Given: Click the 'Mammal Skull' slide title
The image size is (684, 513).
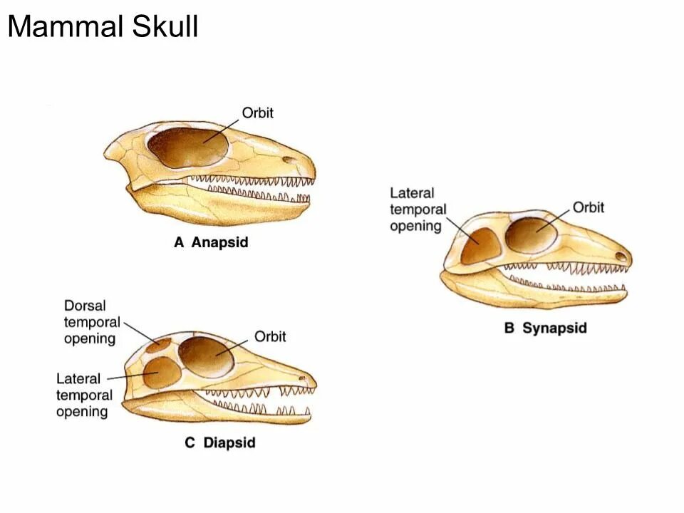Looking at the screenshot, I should tap(103, 28).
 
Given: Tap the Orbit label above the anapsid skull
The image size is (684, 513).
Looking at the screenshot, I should tap(257, 113).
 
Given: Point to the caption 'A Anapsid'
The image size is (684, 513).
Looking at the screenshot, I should tap(211, 242).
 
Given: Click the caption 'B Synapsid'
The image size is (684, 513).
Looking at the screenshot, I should tap(545, 328).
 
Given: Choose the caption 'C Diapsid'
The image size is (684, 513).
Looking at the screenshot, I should tap(219, 442).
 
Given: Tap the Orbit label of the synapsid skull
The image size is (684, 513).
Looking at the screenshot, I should tap(588, 207).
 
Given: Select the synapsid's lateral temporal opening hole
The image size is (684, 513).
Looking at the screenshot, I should tap(481, 246).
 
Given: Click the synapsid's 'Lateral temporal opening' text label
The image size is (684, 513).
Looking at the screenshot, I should tap(418, 209).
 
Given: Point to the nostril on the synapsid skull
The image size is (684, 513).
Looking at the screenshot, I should tap(621, 255).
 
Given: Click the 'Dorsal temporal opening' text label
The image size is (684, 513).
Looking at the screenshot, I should tap(91, 322).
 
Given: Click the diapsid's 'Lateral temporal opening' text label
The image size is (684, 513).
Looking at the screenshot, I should tap(83, 395).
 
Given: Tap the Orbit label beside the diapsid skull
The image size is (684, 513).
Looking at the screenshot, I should tap(270, 336).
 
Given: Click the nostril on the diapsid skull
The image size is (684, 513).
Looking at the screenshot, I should tap(304, 378).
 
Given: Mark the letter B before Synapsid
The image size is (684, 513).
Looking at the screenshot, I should tap(509, 328).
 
